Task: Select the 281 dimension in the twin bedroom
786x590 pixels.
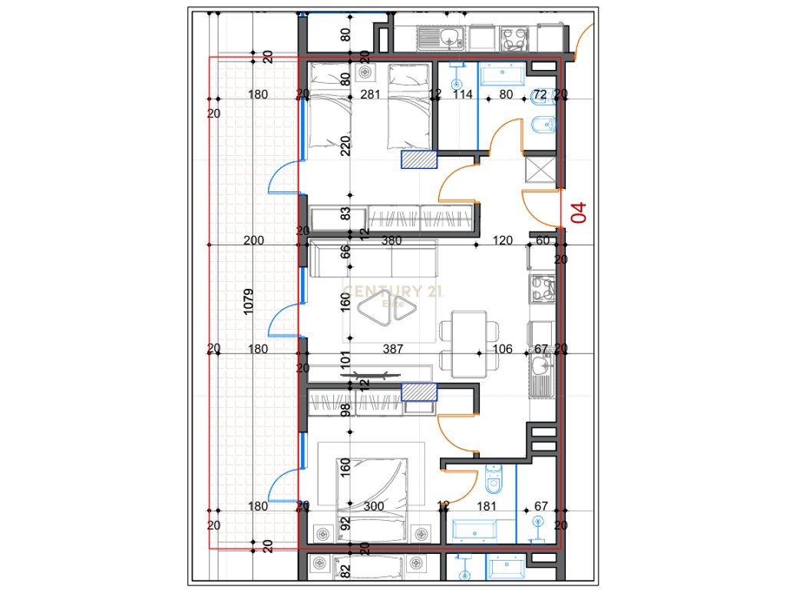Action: pos(372,95)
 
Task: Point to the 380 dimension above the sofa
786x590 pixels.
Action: pos(391,240)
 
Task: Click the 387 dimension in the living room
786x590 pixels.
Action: pos(393,350)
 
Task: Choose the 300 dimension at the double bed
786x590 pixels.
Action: pos(374,506)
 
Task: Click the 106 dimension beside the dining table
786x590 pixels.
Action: pos(502,350)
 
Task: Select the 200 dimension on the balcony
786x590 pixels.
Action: pos(253,240)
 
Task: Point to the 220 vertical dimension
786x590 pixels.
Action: pos(345,145)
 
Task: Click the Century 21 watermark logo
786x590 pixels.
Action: pos(393,296)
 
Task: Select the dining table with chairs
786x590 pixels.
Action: pos(467,343)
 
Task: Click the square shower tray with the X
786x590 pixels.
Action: pos(538,168)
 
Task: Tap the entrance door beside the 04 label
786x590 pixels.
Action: pos(541,207)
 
